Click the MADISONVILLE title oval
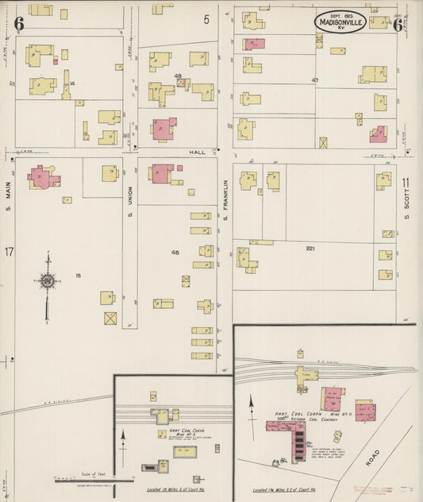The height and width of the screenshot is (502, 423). click(x=340, y=22)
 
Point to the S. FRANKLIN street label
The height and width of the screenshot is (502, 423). click(x=225, y=202)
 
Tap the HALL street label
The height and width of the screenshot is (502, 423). click(x=197, y=151)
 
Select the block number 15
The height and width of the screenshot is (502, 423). click(x=78, y=276)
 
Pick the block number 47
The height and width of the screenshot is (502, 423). click(x=315, y=80)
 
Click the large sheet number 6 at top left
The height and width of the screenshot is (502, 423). click(x=18, y=24)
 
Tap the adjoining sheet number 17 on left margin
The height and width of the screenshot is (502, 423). click(x=9, y=252)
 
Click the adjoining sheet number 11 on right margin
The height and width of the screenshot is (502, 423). click(x=406, y=182)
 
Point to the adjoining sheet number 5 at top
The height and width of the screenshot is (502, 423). click(x=206, y=19)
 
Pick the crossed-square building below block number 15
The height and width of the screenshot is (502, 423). click(x=110, y=318)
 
